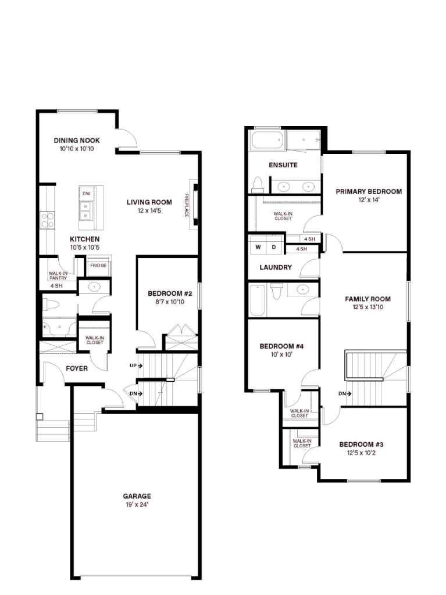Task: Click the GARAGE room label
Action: coord(137,496)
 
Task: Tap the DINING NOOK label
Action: coord(77,141)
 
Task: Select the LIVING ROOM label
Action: coord(149,202)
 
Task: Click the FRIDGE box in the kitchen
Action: coord(98,266)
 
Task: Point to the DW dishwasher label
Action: coord(87,193)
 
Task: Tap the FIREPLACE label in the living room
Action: coord(187,205)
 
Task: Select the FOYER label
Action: coord(77,368)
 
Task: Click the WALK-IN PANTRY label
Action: coord(58,275)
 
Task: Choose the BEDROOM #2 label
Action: coord(166,293)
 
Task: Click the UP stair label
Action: coord(133,366)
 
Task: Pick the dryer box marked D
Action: coord(274,247)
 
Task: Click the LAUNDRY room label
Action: coord(276,268)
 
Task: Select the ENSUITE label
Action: coord(283,165)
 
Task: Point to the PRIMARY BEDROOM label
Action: coord(369,191)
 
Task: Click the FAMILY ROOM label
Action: coord(367,299)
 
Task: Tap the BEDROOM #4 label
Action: coord(281,346)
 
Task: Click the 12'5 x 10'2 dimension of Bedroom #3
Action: coord(361,453)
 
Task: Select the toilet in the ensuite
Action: coord(258,185)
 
